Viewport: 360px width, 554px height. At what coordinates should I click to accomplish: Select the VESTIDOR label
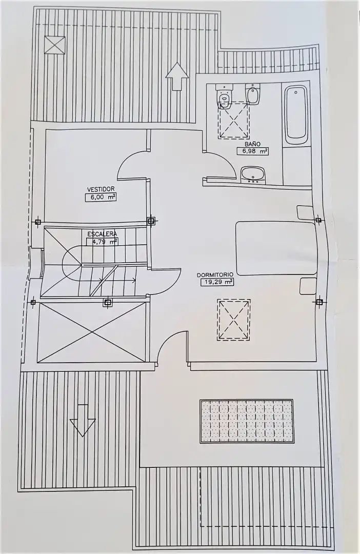(x=101, y=189)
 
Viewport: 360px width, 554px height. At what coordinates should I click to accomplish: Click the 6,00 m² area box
(x=101, y=197)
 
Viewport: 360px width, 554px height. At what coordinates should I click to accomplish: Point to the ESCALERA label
(x=102, y=234)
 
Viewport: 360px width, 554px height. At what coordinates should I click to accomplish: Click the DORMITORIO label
(x=215, y=274)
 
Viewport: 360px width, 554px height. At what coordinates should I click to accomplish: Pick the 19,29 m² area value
(x=217, y=282)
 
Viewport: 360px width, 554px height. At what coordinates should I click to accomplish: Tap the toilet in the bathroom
(x=224, y=96)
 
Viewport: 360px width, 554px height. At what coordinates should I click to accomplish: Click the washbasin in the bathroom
(x=253, y=175)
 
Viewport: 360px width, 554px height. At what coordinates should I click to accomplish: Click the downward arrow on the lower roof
(x=83, y=421)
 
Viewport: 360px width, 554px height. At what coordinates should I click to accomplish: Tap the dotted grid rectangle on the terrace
(x=247, y=421)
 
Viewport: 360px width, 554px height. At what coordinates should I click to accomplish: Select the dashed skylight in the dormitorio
(x=234, y=320)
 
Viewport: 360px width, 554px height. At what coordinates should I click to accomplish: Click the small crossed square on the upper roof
(x=55, y=45)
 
